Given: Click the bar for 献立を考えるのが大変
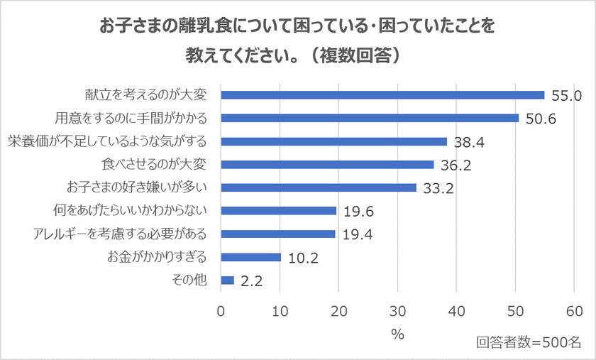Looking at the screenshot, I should tap(383, 95).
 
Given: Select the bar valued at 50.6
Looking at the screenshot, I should tap(370, 118).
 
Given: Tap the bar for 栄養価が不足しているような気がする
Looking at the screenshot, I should tap(334, 141).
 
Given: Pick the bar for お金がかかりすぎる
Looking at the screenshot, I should tap(251, 257).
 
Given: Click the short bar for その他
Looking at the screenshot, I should tap(228, 280).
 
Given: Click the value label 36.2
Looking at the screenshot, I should tap(456, 165).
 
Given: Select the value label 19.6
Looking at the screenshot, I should tap(358, 212).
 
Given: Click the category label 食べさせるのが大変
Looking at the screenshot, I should tap(155, 165).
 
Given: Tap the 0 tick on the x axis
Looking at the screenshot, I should tap(221, 311).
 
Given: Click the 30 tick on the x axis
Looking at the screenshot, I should tap(398, 311).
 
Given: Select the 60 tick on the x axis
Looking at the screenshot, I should tap(575, 311).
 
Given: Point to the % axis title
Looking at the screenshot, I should tap(397, 334).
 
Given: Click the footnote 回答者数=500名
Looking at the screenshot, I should tap(529, 342).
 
